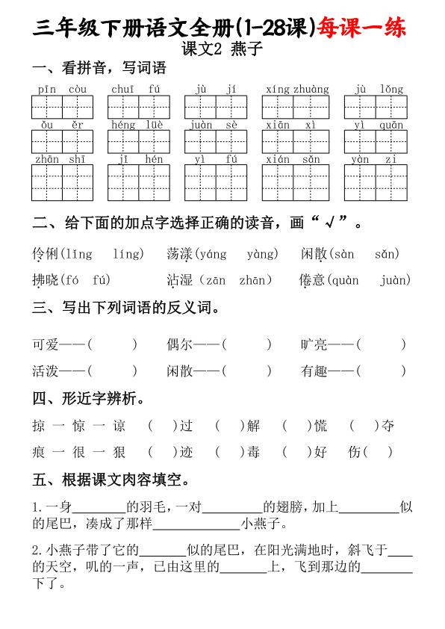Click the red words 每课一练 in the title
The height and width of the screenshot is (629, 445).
362,28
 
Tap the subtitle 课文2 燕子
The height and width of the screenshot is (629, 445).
222,50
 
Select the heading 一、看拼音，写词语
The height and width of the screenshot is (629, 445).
99,69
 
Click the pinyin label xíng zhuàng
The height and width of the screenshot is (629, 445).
296,90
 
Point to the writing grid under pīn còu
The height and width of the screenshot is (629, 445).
62,108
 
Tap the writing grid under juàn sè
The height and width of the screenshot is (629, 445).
216,142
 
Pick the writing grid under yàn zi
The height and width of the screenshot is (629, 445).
375,182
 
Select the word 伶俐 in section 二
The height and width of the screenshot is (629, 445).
46,255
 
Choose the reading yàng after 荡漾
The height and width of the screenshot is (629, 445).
262,255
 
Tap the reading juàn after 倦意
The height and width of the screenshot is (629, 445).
395,280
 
